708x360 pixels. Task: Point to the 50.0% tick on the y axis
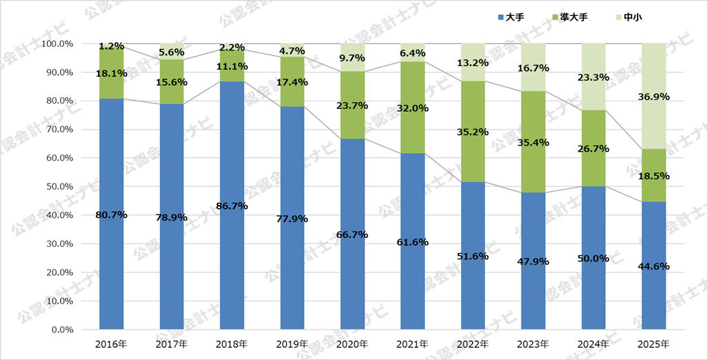(x=58, y=186)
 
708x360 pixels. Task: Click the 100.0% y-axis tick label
(x=57, y=43)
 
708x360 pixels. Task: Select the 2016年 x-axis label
(x=111, y=343)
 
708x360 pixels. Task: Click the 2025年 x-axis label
(x=653, y=343)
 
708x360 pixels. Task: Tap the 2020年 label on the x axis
(x=352, y=343)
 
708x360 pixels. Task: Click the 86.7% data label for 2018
(x=232, y=206)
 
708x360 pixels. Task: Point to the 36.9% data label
(x=653, y=97)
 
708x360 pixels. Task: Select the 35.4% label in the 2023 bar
(x=533, y=143)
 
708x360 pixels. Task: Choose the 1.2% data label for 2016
(x=111, y=46)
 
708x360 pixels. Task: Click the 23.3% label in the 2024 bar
(x=593, y=77)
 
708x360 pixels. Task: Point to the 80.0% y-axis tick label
(x=58, y=101)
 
